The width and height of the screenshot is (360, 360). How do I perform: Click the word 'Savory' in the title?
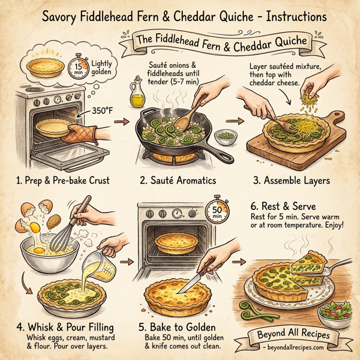pyautogui.click(x=63, y=16)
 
